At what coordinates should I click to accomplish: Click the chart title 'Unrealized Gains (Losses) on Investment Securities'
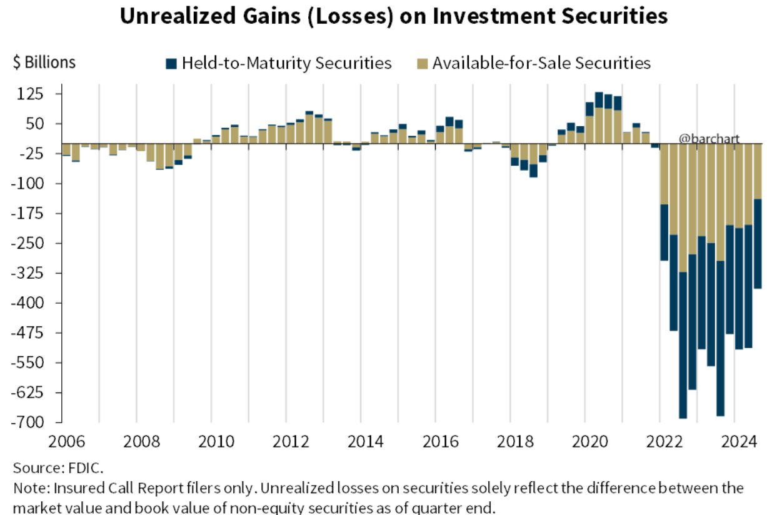click(x=393, y=17)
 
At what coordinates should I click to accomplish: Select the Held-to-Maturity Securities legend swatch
click(x=171, y=64)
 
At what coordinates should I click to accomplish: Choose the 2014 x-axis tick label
click(x=365, y=443)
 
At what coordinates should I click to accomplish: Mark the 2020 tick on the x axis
click(x=590, y=443)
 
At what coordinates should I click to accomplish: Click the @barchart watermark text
click(x=709, y=139)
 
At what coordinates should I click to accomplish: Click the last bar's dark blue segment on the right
click(x=758, y=244)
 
